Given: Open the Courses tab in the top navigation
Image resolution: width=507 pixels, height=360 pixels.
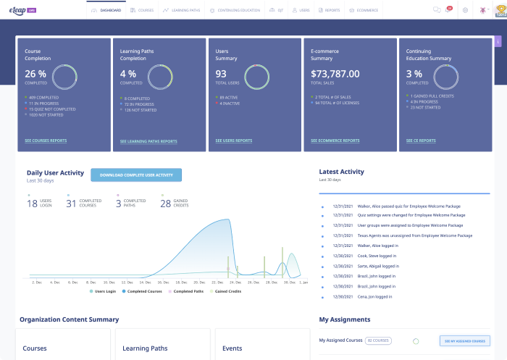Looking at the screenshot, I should (142, 11).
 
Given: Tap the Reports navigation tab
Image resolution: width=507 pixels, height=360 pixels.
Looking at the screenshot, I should (329, 11).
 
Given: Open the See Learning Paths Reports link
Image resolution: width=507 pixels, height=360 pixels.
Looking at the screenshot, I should (148, 141).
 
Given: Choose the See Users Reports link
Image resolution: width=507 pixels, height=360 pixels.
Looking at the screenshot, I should (234, 141).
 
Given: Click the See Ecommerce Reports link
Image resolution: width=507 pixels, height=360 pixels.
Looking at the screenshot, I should (335, 141).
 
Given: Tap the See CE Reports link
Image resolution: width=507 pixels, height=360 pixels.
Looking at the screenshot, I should (424, 141).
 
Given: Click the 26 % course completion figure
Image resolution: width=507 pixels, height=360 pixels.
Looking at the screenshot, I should (35, 73).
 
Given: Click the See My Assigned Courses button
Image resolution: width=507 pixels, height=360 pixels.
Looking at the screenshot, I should (464, 340).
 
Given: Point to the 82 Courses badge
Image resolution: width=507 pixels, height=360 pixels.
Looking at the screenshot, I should (378, 340).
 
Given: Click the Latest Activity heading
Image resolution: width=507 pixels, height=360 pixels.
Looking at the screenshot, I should (341, 172).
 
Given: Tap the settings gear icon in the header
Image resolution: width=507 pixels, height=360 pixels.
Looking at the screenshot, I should (465, 10).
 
